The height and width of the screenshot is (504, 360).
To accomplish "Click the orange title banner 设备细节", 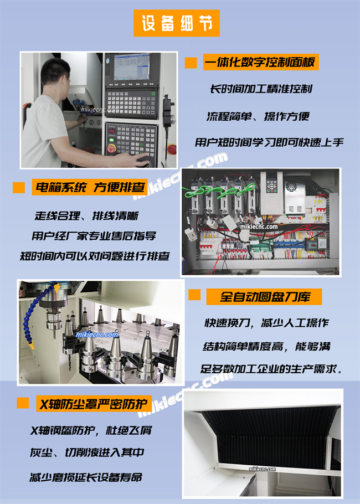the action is click(177, 23).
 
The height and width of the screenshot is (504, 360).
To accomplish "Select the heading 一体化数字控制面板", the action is click(261, 62).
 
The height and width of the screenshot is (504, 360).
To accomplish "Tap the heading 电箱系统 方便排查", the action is click(90, 187).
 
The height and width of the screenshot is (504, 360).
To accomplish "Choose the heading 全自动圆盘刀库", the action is click(264, 297).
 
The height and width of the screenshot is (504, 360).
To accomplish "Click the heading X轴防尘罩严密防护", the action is click(94, 404).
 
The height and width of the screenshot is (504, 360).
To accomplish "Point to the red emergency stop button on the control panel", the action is click(111, 148).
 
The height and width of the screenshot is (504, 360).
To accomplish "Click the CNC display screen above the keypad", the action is click(132, 67).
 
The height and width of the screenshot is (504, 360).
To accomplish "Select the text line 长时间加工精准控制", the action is click(261, 89).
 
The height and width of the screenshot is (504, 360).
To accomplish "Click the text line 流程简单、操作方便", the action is click(258, 116).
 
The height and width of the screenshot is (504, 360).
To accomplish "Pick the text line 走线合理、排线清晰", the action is click(86, 215).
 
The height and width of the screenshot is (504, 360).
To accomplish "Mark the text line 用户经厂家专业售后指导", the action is click(94, 235).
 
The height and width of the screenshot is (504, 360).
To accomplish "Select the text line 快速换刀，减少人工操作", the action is click(267, 322).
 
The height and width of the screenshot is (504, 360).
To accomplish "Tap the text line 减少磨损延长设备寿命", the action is click(86, 477).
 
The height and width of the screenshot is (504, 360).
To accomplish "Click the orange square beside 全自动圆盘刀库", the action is click(194, 295).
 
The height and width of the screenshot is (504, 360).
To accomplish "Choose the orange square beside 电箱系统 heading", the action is click(19, 187).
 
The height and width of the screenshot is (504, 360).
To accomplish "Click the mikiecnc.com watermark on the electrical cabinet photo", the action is click(259, 227).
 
